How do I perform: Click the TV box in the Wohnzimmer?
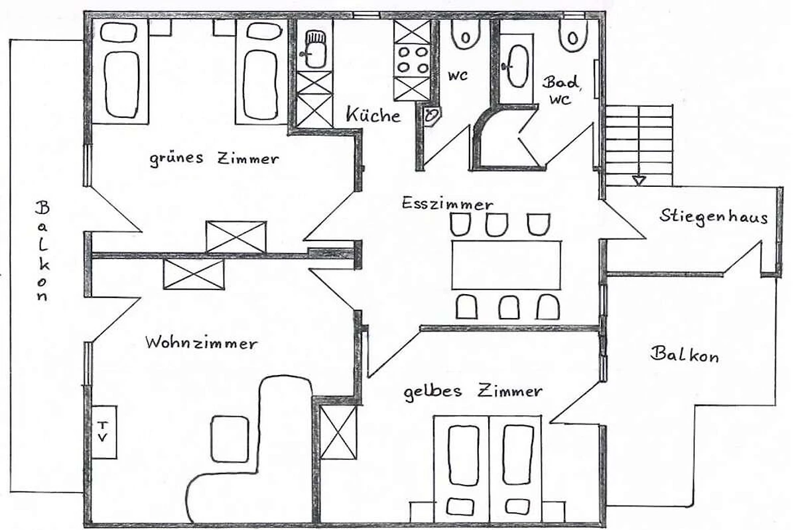(x=104, y=432)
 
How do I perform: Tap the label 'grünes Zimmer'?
(x=214, y=159)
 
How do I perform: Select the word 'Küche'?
(x=373, y=115)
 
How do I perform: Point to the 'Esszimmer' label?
(x=447, y=203)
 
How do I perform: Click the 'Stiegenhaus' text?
(x=714, y=216)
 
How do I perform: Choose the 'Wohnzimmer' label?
(x=201, y=343)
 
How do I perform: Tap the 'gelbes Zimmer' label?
(x=473, y=392)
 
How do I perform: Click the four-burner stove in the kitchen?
(x=412, y=60)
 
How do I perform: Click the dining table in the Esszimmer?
(x=506, y=265)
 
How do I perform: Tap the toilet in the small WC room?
(x=466, y=35)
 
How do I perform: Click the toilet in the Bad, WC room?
(x=573, y=36)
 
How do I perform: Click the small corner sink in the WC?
(x=432, y=116)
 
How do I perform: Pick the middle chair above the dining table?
(x=497, y=225)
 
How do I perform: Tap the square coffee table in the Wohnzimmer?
(x=230, y=439)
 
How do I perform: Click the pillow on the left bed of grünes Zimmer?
(x=119, y=32)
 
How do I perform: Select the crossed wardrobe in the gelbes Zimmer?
(x=338, y=433)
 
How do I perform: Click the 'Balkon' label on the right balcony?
(x=684, y=354)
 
